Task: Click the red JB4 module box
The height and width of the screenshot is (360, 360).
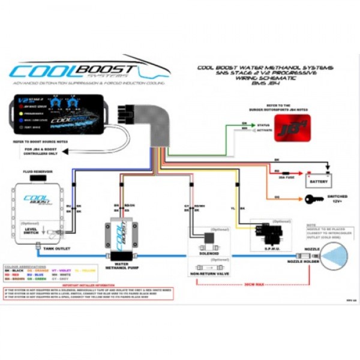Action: (292, 128)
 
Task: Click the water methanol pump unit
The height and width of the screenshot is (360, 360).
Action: (122, 236)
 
